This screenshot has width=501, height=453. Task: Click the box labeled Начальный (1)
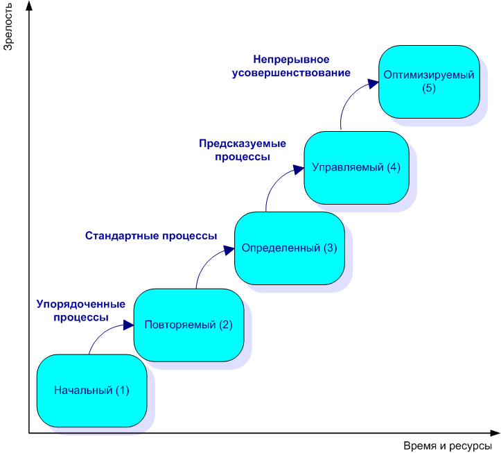coord(91,390)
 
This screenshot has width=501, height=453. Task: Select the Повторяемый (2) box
coord(189,325)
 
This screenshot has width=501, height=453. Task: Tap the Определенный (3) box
coord(289,248)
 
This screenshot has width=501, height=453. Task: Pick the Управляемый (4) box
coord(356,167)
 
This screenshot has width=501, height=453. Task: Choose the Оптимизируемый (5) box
coord(429,81)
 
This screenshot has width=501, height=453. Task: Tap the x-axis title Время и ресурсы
coord(448,445)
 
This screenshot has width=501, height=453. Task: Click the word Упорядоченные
coord(81,304)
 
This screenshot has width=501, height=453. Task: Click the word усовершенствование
coord(291,71)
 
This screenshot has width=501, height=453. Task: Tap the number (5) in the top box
coord(429,88)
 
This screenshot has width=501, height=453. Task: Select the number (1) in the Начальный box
coord(122,390)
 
